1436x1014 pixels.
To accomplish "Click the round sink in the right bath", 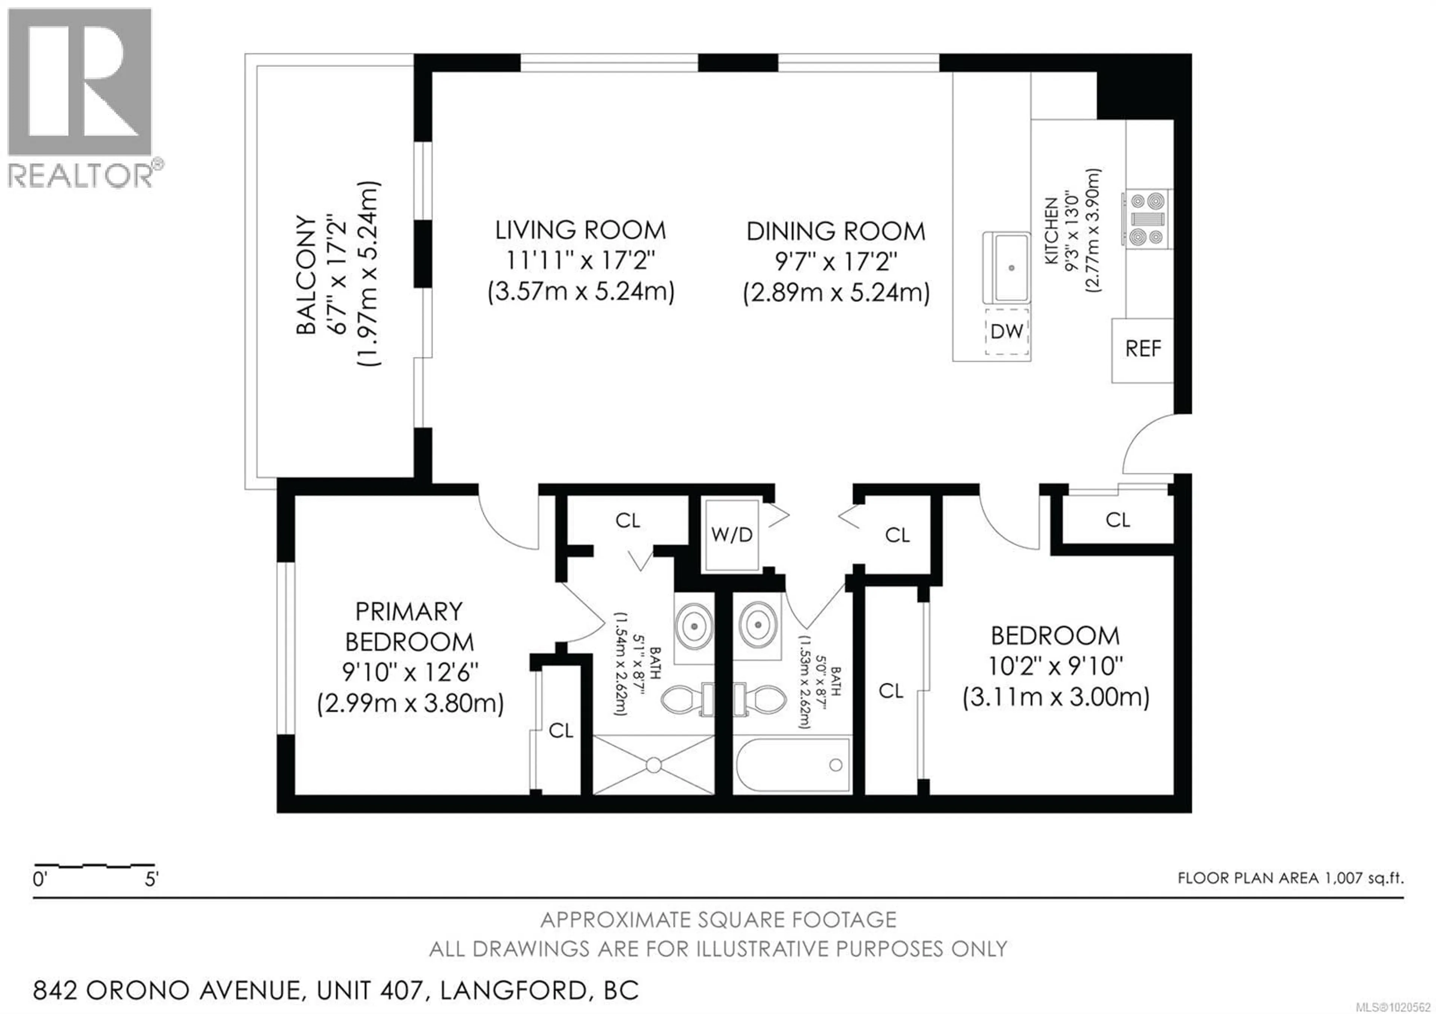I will pyautogui.click(x=758, y=624).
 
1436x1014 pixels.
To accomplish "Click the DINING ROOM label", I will pyautogui.click(x=835, y=232).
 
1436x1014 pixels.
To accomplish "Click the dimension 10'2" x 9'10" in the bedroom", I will pyautogui.click(x=1056, y=666).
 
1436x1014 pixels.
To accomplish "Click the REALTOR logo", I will pyautogui.click(x=80, y=97).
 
